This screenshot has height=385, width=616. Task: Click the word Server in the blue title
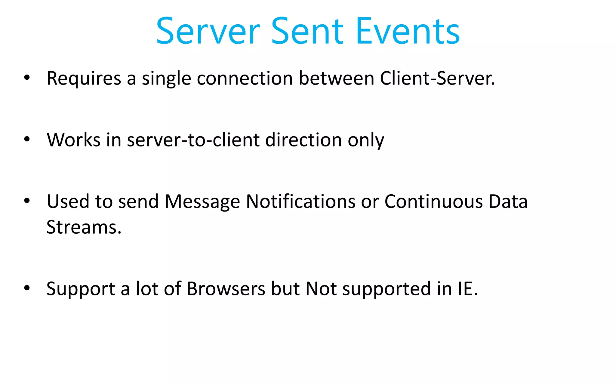click(x=208, y=31)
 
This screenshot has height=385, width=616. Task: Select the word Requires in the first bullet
click(x=84, y=79)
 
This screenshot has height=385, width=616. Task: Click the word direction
click(x=303, y=140)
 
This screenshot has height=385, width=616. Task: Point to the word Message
click(x=202, y=202)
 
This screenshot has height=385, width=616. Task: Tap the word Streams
click(x=84, y=227)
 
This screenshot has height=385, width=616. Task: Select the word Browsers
click(x=226, y=289)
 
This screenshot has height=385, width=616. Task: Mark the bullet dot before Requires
click(x=27, y=78)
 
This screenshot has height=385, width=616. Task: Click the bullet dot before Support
click(x=27, y=288)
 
